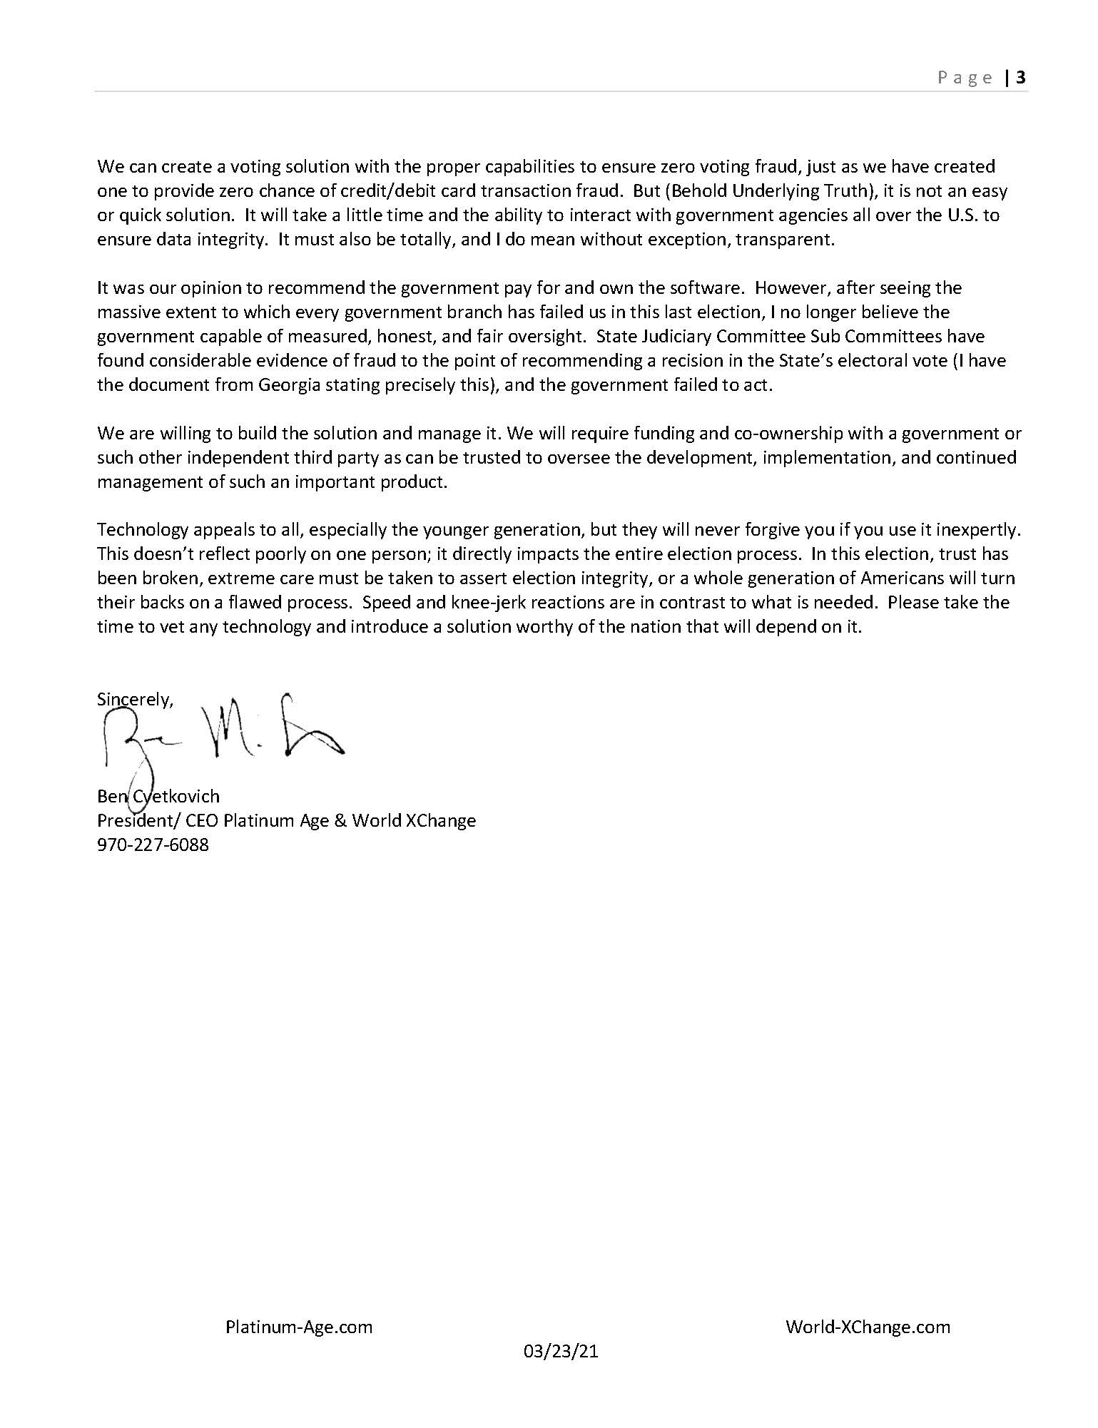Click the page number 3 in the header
1021,77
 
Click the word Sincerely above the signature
133,700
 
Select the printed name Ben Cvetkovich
158,796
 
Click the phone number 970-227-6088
153,845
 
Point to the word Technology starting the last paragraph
143,530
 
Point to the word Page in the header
965,78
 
